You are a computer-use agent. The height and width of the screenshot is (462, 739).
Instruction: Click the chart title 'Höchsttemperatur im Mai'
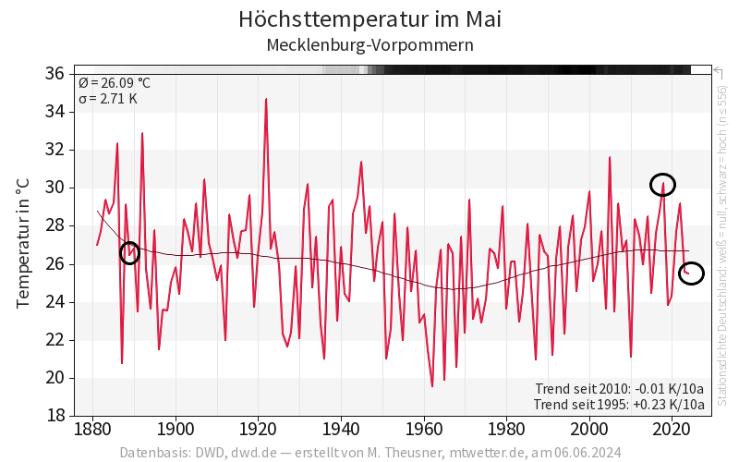click(369, 18)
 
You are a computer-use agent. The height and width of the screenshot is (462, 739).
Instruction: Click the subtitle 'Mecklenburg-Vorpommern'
click(369, 44)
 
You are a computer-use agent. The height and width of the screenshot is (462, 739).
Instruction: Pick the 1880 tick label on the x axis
click(92, 430)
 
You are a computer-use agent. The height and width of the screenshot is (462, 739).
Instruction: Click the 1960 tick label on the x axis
click(425, 430)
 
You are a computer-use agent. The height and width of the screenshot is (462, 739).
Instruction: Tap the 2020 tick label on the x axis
click(673, 430)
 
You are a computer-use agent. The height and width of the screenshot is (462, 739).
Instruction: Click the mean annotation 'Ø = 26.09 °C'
click(115, 83)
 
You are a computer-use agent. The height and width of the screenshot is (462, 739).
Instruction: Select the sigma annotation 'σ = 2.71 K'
click(108, 98)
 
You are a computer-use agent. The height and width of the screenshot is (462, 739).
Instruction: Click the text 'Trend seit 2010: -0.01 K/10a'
click(619, 388)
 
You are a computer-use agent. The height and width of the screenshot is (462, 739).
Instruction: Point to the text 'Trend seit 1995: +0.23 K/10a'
click(619, 404)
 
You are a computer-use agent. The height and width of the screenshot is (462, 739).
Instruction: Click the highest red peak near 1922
click(266, 99)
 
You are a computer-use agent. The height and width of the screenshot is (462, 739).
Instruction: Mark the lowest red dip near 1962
click(432, 385)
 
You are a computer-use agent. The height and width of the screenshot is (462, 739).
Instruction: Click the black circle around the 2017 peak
click(662, 185)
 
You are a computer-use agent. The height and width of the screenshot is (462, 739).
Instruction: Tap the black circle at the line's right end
click(691, 273)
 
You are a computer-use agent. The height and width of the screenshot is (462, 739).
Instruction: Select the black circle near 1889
click(130, 252)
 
